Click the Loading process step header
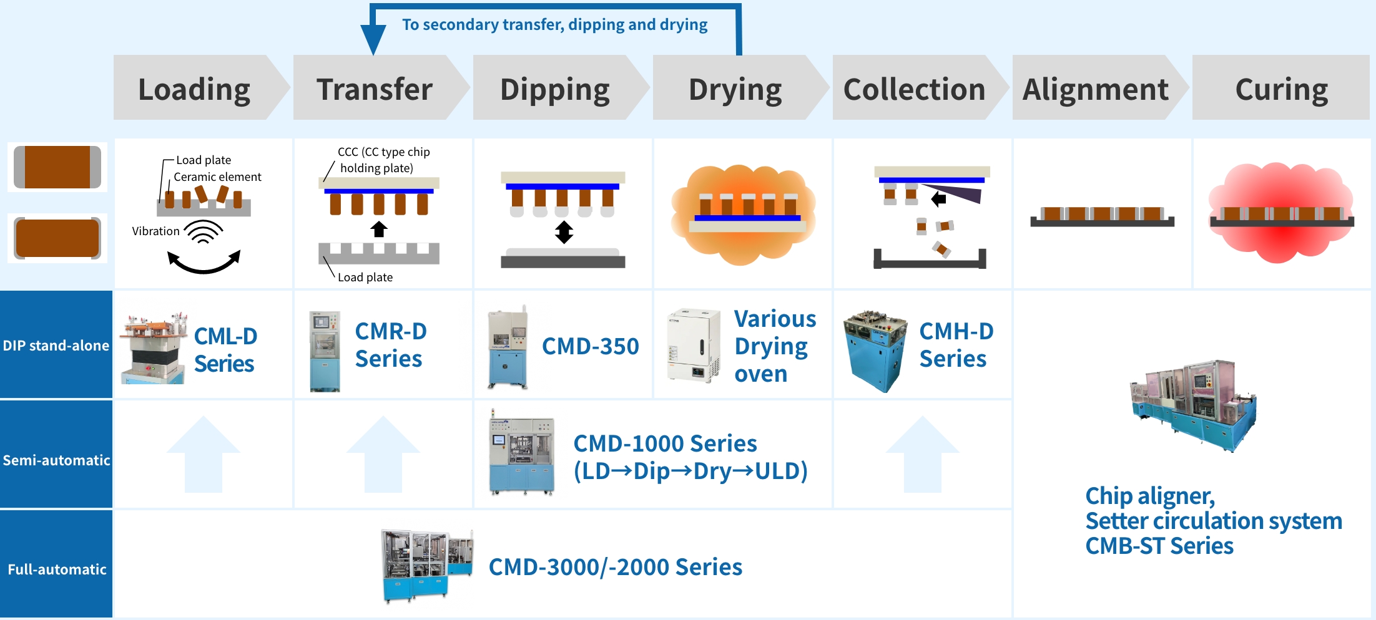194,89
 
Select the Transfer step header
375,89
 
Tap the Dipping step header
555,89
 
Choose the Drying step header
735,89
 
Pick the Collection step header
914,89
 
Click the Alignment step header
1095,89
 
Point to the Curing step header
1281,89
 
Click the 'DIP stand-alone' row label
56,345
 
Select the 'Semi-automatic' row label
56,460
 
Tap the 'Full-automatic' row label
57,569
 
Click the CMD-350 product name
590,346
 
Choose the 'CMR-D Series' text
390,345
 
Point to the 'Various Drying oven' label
774,346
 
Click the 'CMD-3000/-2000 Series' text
615,567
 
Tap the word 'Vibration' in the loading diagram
155,231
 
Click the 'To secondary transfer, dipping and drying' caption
554,24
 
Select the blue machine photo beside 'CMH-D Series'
875,351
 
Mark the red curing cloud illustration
1281,212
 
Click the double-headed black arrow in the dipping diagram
564,232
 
